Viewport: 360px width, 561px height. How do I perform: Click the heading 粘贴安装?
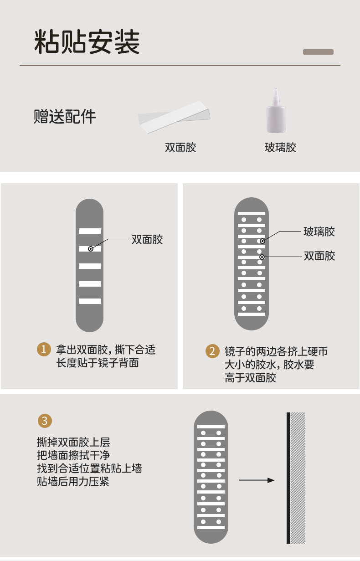tap(87, 42)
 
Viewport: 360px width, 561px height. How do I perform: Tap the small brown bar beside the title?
tap(318, 52)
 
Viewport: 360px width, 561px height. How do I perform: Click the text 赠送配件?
tap(65, 117)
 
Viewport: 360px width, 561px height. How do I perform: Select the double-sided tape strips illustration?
tap(174, 117)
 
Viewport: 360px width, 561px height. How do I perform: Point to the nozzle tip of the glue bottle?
tap(275, 90)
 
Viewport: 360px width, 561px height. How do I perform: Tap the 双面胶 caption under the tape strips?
tap(180, 148)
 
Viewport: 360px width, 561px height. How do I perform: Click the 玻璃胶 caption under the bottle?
tap(280, 148)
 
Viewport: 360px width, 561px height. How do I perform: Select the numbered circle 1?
tap(44, 350)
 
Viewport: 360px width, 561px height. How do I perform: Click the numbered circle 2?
tap(212, 351)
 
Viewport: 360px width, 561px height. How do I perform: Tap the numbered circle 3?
tap(44, 421)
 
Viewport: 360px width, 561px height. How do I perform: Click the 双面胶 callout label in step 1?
tap(147, 239)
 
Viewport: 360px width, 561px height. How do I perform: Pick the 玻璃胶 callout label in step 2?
tap(319, 232)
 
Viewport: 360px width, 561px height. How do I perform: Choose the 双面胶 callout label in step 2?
tap(319, 256)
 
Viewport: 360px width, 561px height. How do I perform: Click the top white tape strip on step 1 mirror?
tap(90, 231)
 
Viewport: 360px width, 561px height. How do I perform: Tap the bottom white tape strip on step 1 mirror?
tap(90, 301)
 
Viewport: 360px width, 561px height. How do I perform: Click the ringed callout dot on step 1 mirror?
tap(91, 249)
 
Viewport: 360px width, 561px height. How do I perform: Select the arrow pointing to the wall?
tap(257, 480)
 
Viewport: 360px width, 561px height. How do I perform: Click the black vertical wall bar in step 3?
tap(288, 478)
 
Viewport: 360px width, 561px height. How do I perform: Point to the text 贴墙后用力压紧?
tap(73, 481)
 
